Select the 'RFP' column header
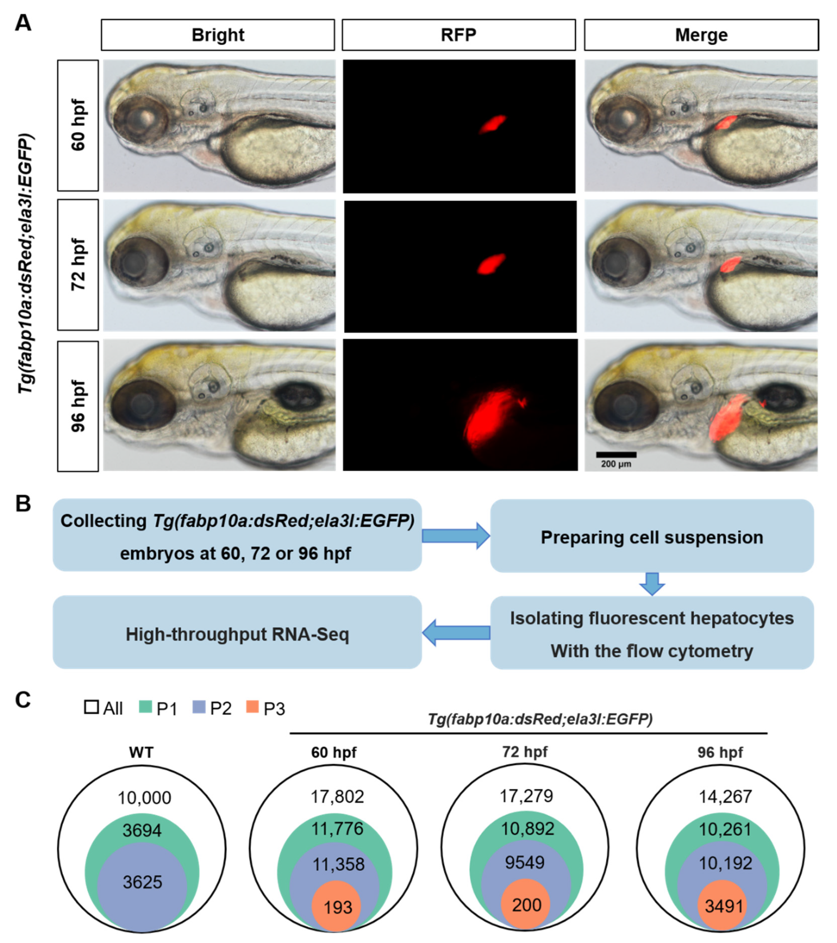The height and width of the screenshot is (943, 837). (458, 35)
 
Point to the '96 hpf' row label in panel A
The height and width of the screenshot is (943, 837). (78, 406)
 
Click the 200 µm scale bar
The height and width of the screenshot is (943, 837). (616, 455)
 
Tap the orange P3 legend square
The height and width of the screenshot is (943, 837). (252, 707)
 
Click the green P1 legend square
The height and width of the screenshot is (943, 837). (145, 707)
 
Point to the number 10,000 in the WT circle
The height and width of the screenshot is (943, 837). (144, 798)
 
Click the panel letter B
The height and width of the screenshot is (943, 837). (23, 504)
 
